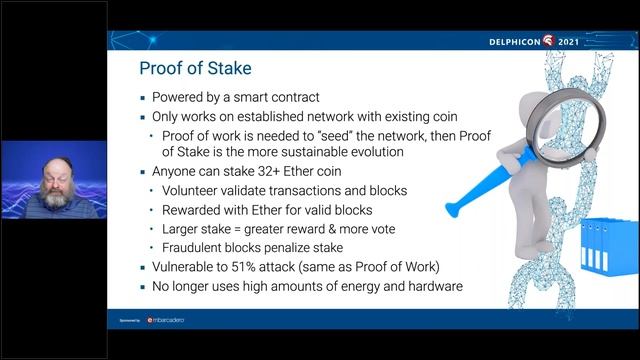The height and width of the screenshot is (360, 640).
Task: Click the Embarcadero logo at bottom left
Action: pyautogui.click(x=164, y=320)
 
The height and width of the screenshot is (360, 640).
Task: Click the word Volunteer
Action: pyautogui.click(x=195, y=191)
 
